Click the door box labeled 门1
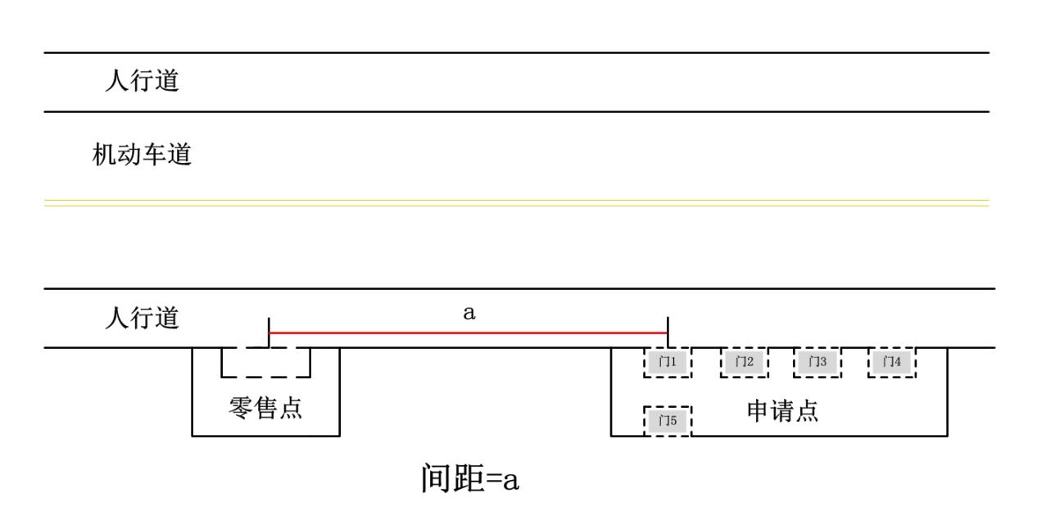(668, 361)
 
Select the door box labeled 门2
(744, 361)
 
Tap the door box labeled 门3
(817, 361)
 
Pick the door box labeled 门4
(890, 361)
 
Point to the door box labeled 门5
(668, 421)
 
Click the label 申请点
(782, 411)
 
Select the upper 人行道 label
(142, 83)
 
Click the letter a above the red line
(469, 314)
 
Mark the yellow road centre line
(516, 202)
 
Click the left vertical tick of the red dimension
(269, 333)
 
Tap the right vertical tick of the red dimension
(668, 333)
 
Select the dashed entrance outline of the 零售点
(266, 377)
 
